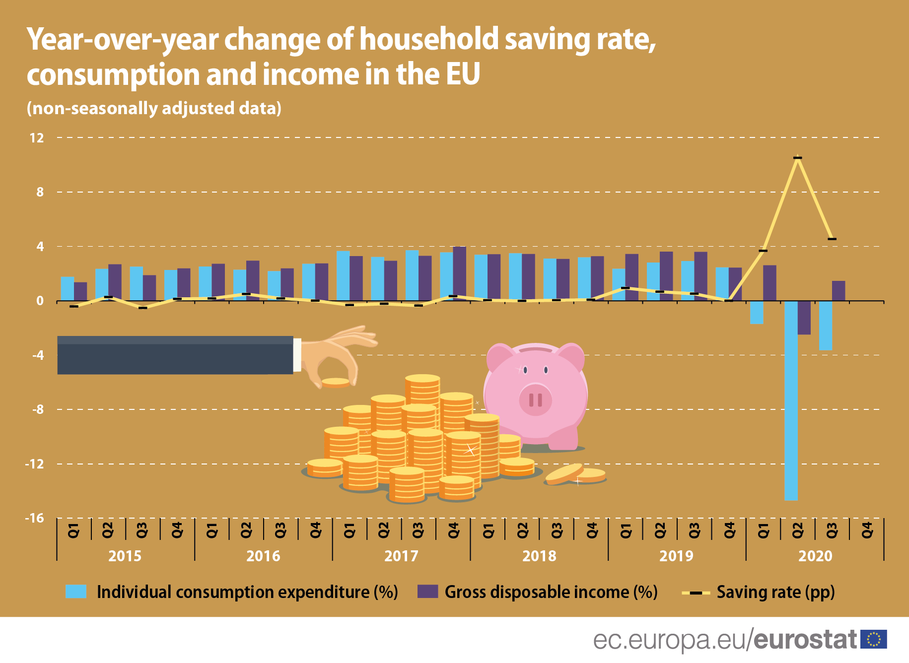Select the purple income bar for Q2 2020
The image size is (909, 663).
point(804,318)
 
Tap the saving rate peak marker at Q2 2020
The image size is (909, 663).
point(798,158)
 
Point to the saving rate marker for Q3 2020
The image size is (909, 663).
point(832,239)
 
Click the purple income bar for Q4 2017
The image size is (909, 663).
point(459,273)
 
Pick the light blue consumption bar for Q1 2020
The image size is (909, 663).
point(757,312)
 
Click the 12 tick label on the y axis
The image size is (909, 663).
point(37,138)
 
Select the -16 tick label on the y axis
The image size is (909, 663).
point(35,518)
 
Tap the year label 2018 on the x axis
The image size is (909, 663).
point(539,556)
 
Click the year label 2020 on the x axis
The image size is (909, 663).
point(815,556)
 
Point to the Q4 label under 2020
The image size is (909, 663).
point(867,530)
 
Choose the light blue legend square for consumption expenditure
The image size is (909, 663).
point(76,592)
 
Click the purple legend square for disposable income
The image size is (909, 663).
point(427,592)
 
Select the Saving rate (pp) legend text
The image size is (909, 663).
point(775,592)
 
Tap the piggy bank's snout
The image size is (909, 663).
point(536,399)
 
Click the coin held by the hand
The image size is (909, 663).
point(336,382)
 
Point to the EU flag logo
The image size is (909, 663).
point(873,639)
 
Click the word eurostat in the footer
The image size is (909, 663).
point(805,640)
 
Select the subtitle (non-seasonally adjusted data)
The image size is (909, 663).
point(154,108)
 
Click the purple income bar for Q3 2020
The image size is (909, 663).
point(839,291)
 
